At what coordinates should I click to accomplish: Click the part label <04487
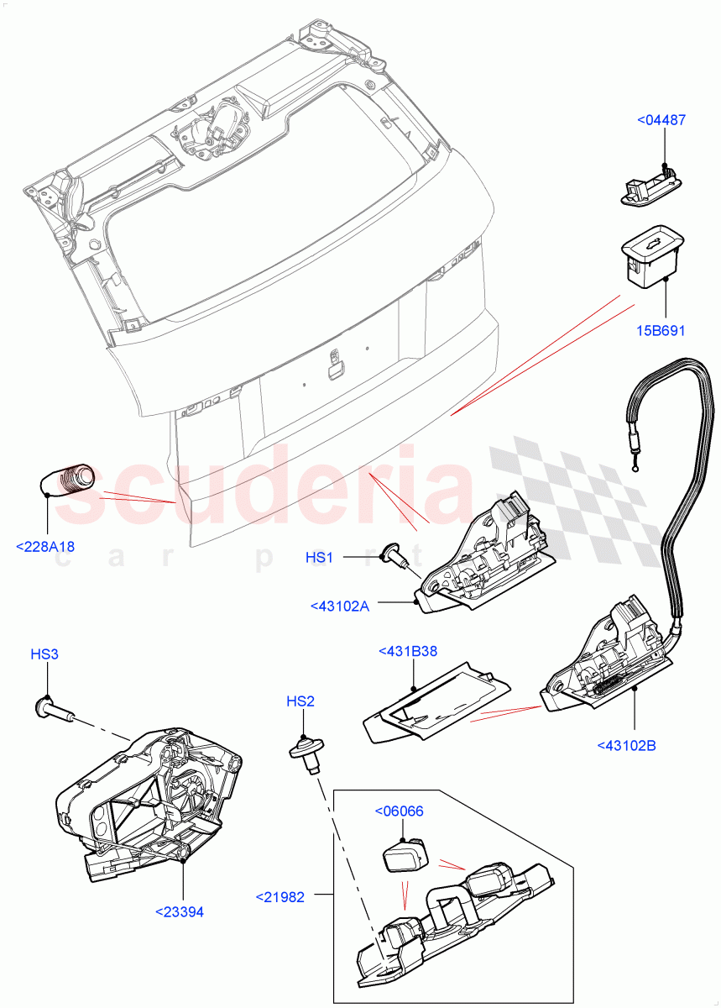click(x=661, y=120)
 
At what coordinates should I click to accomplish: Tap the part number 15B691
click(x=661, y=330)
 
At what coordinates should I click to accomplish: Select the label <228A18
click(x=45, y=547)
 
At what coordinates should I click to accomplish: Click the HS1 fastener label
click(x=319, y=557)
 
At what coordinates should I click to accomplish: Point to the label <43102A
click(x=339, y=605)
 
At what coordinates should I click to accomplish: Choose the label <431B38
click(x=408, y=650)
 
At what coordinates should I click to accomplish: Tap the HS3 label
click(x=44, y=654)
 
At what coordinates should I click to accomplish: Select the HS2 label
click(x=300, y=701)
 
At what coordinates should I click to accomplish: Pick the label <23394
click(x=179, y=911)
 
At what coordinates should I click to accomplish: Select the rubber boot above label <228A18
click(x=69, y=480)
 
